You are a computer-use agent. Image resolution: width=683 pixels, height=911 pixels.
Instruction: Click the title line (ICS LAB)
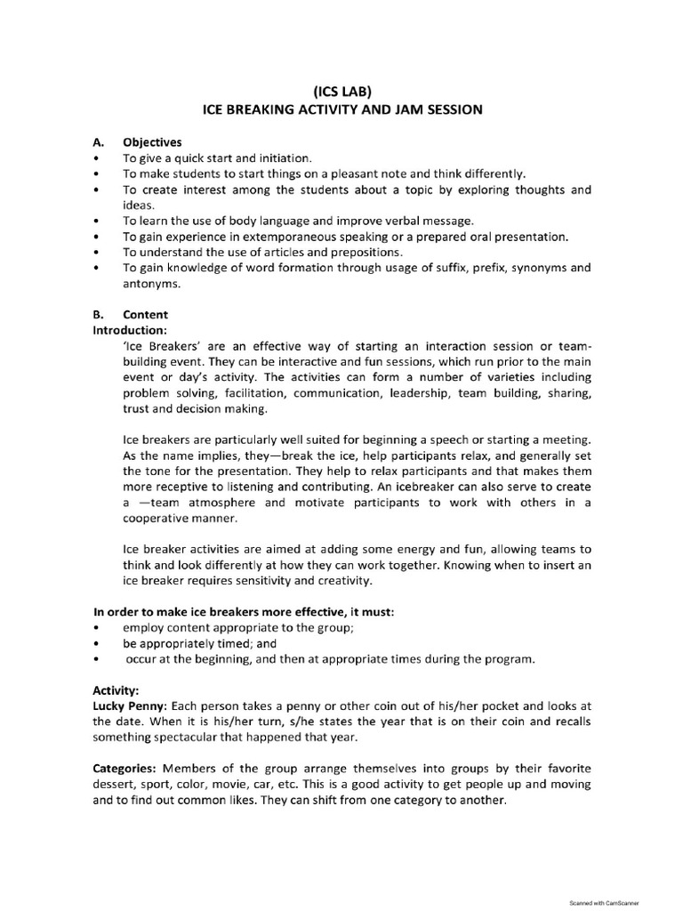tap(341, 90)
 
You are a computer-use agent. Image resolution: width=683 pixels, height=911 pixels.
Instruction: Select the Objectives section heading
tap(152, 141)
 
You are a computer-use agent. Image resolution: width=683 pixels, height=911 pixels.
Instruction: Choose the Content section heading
tap(145, 314)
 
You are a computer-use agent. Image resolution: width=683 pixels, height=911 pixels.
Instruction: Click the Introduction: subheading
tap(130, 329)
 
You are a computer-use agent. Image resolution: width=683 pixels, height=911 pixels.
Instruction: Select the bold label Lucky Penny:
tap(130, 705)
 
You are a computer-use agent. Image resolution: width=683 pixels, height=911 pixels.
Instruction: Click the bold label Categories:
tap(125, 768)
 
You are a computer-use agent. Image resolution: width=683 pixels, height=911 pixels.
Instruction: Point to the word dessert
tap(116, 784)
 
